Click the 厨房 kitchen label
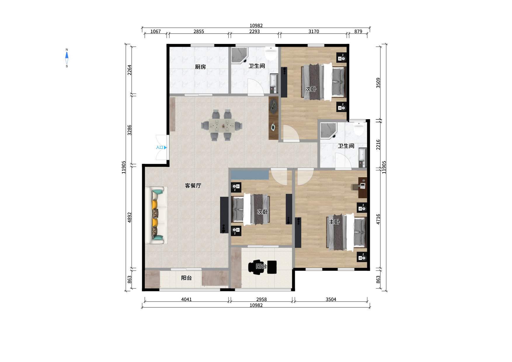coord(201,67)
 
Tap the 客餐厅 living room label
coord(193,185)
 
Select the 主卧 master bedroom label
coord(334,222)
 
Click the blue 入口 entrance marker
coord(161,147)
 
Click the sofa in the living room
coord(156,216)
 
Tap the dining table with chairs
coord(222,125)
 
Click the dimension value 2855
coord(199,32)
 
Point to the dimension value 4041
coord(187,299)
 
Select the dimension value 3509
coord(378,83)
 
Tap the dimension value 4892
coord(130,217)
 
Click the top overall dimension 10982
coord(256,26)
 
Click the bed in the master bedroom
coord(346,232)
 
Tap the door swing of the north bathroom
coord(256,87)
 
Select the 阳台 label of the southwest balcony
coord(187,278)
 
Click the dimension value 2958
coord(262,299)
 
